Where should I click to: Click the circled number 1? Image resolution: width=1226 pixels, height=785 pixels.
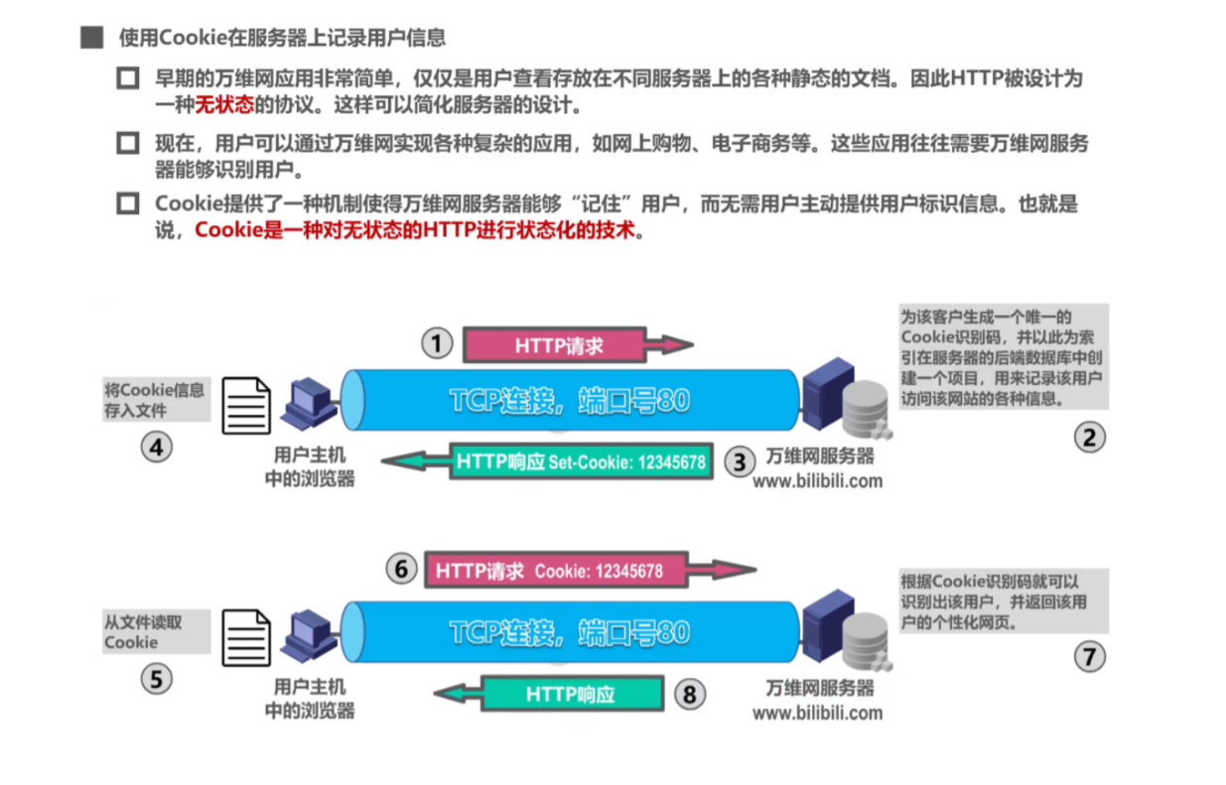tap(437, 344)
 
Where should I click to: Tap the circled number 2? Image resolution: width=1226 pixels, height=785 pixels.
tap(1089, 437)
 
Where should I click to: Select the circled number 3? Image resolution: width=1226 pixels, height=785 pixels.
tap(740, 460)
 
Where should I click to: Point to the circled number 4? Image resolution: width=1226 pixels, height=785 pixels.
tap(156, 448)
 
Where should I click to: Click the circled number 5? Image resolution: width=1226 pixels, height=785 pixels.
tap(156, 679)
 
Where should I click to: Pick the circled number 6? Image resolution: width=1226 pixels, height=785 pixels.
tap(401, 570)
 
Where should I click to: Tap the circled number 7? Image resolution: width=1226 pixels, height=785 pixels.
tap(1089, 656)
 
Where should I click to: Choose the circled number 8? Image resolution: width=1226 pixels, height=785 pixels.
tap(689, 693)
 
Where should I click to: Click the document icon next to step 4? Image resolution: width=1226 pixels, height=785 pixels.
tap(245, 406)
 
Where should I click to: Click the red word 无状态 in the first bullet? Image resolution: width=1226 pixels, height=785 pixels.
tap(224, 104)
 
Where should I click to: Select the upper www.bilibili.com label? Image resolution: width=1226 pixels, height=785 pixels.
tap(817, 481)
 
